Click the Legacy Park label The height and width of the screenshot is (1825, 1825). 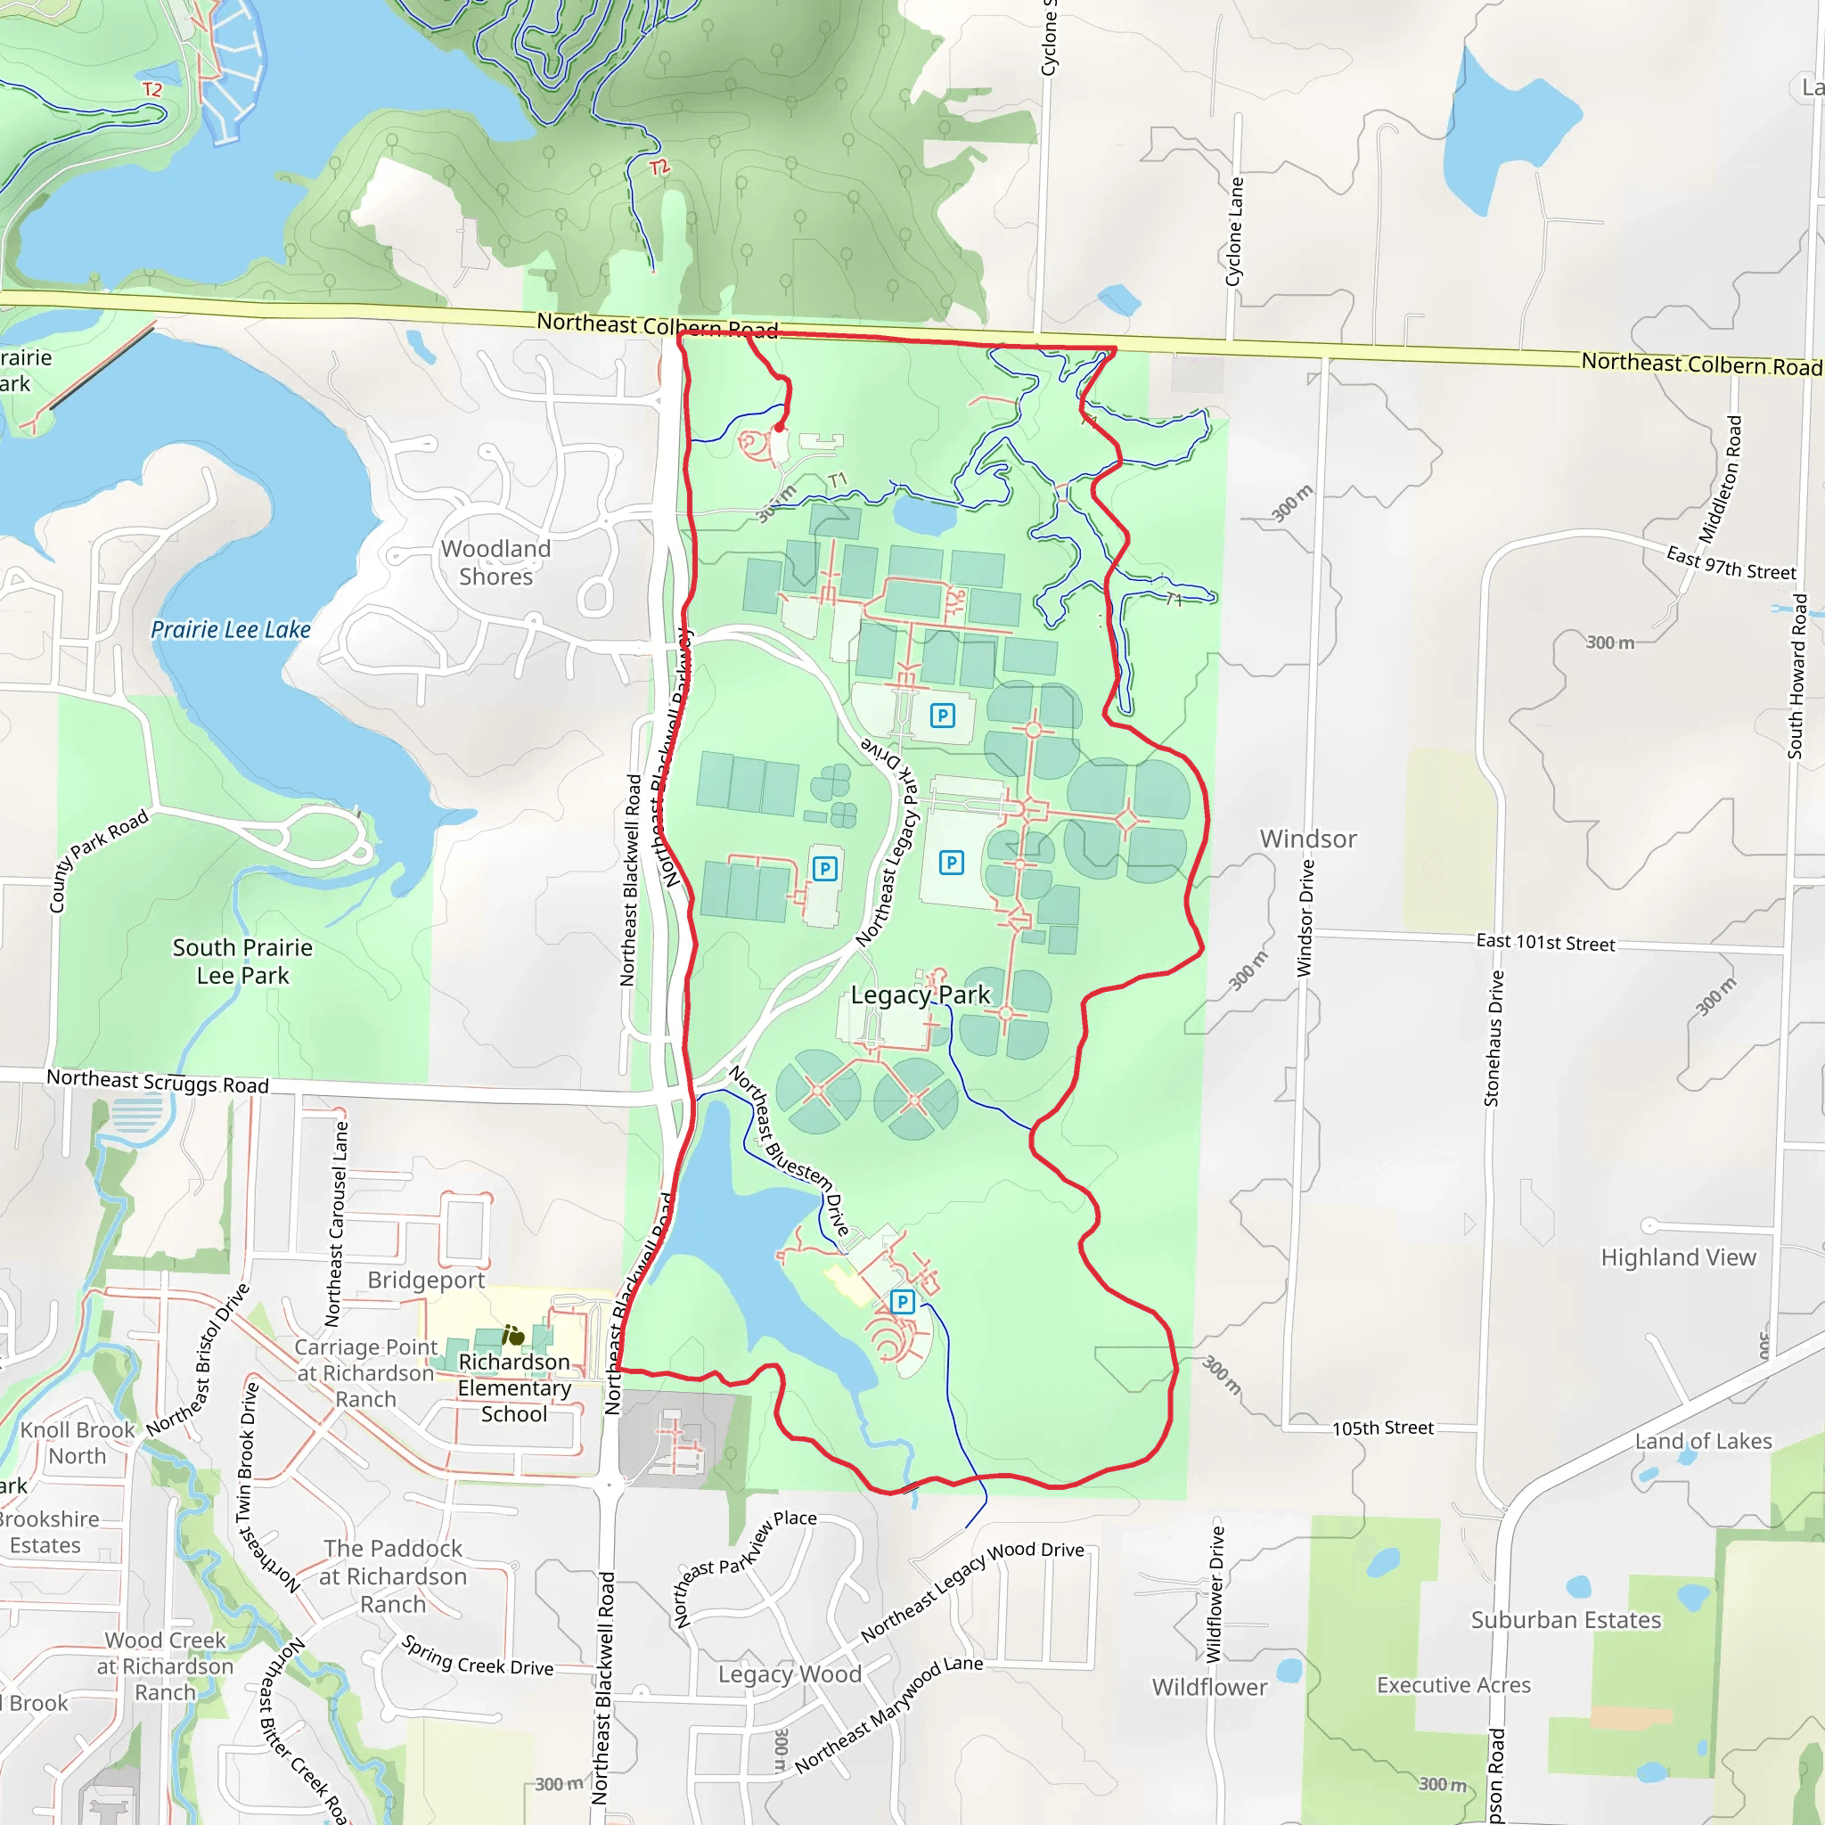(920, 994)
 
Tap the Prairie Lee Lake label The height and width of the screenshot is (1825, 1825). (231, 630)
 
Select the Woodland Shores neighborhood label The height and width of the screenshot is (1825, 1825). (496, 562)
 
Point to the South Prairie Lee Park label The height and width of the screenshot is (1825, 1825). (242, 961)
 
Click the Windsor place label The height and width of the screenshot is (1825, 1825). (1307, 839)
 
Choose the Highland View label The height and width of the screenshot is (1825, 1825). (1678, 1257)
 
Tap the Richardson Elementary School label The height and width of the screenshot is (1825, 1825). (515, 1387)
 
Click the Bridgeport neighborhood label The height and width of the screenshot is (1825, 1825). (426, 1280)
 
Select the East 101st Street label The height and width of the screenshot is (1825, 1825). (1545, 942)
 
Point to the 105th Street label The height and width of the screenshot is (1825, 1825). (1383, 1428)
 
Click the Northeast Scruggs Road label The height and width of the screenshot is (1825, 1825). (158, 1081)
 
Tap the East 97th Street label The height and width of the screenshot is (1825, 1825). (1731, 563)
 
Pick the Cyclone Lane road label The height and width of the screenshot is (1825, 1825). (1234, 232)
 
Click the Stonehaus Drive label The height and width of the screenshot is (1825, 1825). (1494, 1038)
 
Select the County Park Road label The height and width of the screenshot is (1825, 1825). (98, 860)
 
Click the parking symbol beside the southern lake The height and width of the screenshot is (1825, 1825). (902, 1303)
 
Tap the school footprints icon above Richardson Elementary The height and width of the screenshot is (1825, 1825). (513, 1336)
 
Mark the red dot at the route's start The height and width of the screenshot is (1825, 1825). (780, 428)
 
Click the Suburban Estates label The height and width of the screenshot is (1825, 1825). (1565, 1620)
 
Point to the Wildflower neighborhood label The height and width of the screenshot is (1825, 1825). (1209, 1687)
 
